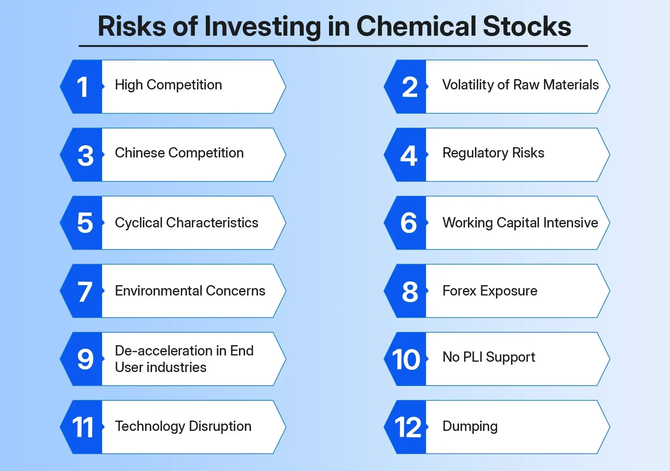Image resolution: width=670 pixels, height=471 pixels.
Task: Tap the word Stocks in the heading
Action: coord(527,26)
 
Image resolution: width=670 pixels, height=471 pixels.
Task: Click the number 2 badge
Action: coord(409,87)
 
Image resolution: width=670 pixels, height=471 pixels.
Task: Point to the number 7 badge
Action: coord(84,291)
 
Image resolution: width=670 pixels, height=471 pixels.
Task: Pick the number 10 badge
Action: coord(406,360)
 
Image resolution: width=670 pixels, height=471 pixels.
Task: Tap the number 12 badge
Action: coord(408,428)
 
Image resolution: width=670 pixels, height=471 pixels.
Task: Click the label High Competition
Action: coord(168,85)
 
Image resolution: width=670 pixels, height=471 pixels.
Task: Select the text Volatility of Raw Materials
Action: coord(520,85)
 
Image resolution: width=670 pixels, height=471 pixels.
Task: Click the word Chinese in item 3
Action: coord(140,153)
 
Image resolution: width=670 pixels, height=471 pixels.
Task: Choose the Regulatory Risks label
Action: coord(493,153)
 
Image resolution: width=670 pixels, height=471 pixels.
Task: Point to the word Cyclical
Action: coord(138,223)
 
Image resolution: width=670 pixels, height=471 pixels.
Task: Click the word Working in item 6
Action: coord(467,223)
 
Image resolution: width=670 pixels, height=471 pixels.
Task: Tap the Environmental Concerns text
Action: coord(190,291)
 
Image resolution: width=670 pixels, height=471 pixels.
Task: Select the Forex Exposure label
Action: coord(490,291)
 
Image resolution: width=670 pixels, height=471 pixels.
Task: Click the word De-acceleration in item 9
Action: coord(163,351)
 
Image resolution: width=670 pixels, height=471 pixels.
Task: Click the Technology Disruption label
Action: coord(183,426)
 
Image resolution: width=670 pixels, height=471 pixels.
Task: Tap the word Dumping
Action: coord(470,426)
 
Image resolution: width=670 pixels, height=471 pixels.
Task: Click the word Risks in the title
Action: coord(132,26)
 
